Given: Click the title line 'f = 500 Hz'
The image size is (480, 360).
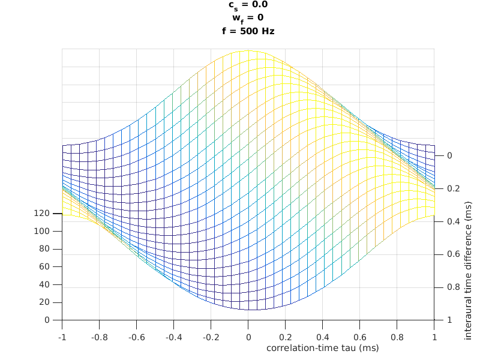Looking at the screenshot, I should click(x=248, y=31).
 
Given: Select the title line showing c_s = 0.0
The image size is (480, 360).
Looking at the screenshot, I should click(x=248, y=5).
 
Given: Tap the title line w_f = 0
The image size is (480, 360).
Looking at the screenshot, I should click(x=248, y=17).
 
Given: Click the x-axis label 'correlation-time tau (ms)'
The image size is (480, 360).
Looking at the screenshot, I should click(x=322, y=347).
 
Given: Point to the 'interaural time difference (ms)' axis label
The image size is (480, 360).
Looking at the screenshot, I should click(x=468, y=271).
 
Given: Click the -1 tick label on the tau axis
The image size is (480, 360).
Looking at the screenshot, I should click(x=62, y=338).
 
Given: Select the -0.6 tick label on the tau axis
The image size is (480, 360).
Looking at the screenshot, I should click(x=136, y=338).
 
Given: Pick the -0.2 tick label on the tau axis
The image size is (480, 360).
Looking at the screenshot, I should click(x=211, y=338).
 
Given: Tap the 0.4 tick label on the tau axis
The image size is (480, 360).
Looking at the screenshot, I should click(x=322, y=338).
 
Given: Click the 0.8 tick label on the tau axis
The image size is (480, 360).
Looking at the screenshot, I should click(x=397, y=338).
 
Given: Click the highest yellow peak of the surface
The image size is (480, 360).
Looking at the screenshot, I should click(x=248, y=51).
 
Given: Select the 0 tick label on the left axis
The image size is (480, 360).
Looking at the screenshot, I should click(x=46, y=320).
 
